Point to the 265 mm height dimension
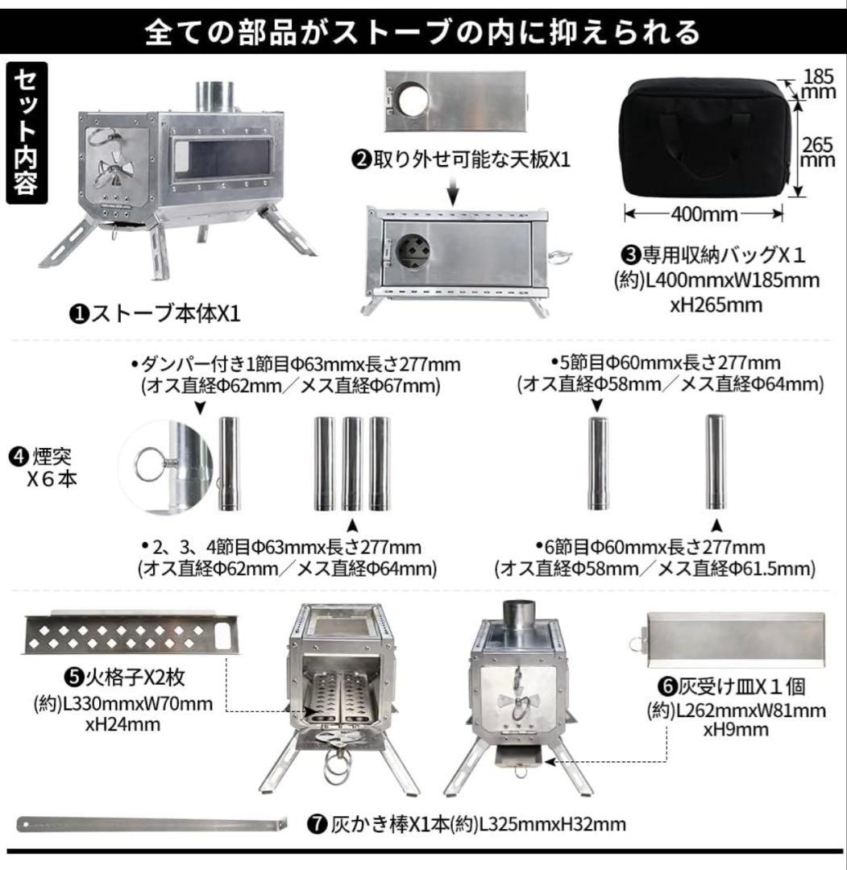point(817,150)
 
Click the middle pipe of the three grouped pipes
point(351,463)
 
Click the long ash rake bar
point(152,824)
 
